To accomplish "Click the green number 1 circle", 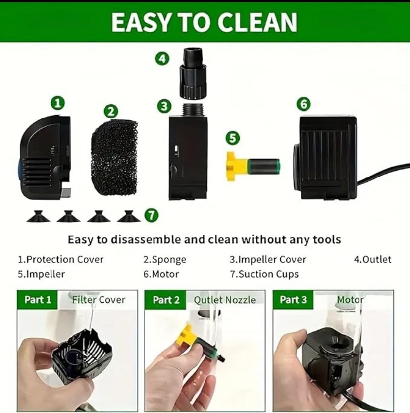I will click(x=58, y=103).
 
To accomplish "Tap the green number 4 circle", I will click(x=162, y=59).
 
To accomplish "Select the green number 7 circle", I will click(x=151, y=215).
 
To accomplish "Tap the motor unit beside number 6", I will click(x=326, y=157).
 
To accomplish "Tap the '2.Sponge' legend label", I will click(x=165, y=259).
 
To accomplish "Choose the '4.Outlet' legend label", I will click(x=372, y=259).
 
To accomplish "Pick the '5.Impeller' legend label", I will click(x=42, y=274).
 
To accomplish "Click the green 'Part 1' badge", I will click(x=38, y=300).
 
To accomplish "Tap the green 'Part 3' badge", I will click(x=293, y=300).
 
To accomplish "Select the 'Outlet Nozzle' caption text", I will click(x=224, y=300).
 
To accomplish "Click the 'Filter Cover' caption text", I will click(x=99, y=300).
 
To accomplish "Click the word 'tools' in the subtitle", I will click(x=327, y=240).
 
